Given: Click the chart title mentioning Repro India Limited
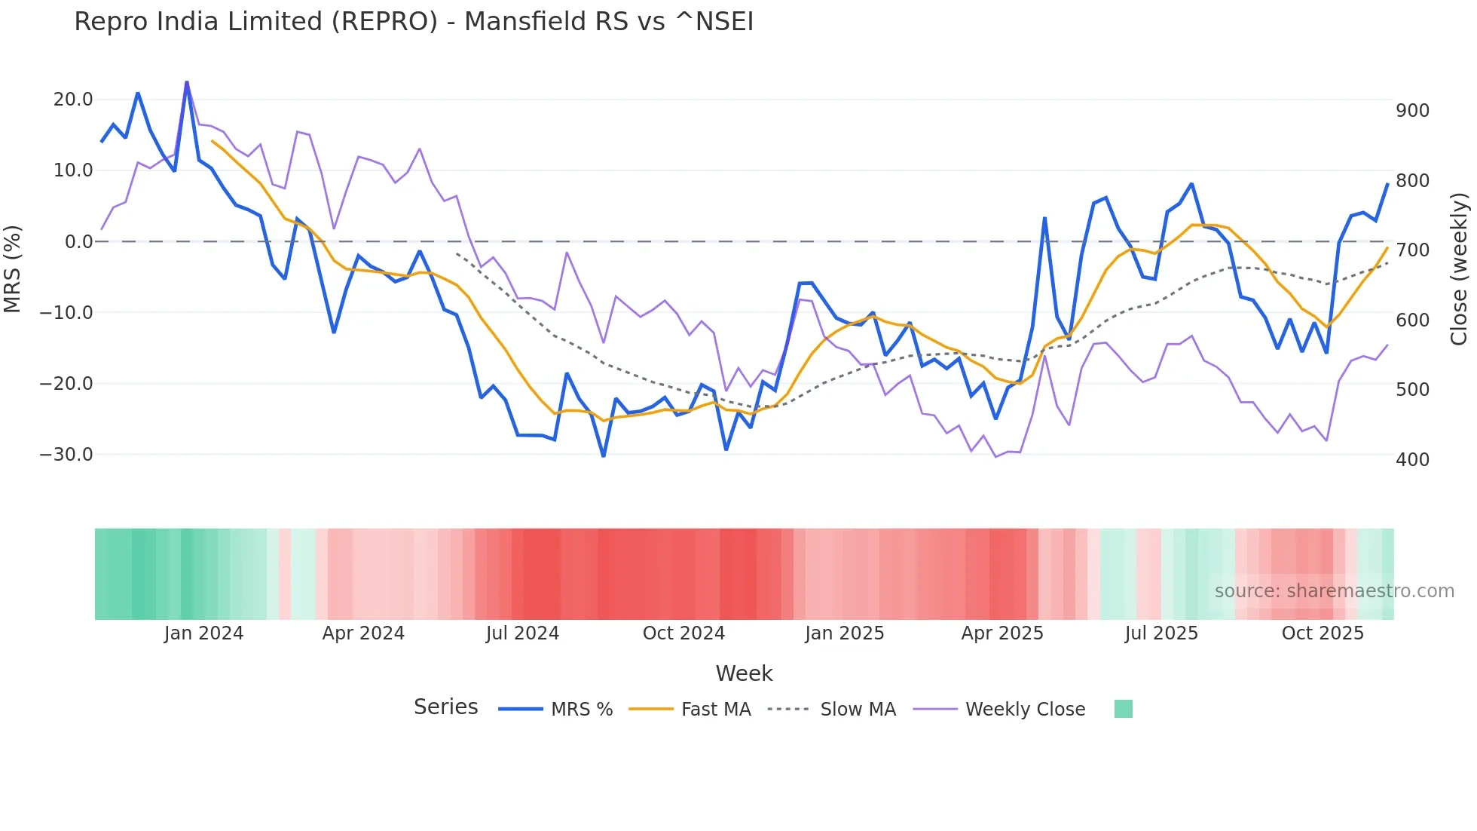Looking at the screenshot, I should click(414, 22).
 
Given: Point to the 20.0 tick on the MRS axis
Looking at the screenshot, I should click(73, 100).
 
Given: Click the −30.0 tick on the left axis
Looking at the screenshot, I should click(66, 455).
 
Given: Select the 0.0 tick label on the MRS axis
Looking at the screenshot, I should click(78, 242).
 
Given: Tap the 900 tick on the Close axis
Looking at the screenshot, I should click(1412, 111).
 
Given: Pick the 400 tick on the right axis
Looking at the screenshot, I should click(1412, 459).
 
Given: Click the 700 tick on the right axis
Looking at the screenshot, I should click(1412, 250).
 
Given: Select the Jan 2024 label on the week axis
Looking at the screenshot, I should click(203, 633).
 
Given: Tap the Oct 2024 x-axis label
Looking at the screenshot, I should click(683, 633).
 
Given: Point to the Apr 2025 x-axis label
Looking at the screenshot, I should click(1002, 633).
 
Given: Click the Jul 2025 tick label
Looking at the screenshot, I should click(1161, 633).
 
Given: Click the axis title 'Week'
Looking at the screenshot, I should click(744, 673).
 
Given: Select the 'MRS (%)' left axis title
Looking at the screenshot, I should click(13, 269).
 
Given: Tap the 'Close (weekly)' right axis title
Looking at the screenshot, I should click(1460, 269).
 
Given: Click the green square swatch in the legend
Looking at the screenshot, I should click(1123, 709).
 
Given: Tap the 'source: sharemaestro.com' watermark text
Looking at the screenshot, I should click(1334, 591).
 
